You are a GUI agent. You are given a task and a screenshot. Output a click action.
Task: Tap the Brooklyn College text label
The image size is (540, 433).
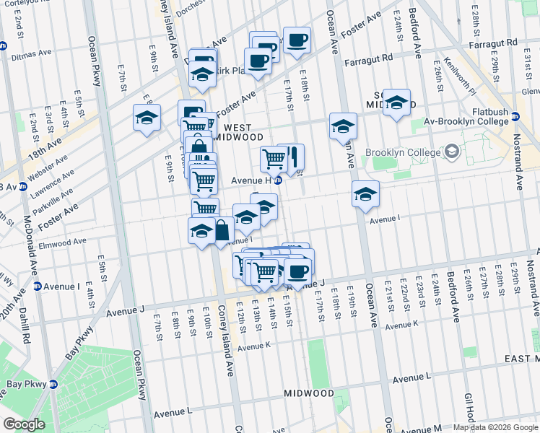pyautogui.click(x=402, y=152)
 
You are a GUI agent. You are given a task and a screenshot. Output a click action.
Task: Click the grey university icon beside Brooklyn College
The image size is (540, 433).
pyautogui.click(x=452, y=152)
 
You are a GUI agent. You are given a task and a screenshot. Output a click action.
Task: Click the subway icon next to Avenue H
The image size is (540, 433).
pyautogui.click(x=277, y=180)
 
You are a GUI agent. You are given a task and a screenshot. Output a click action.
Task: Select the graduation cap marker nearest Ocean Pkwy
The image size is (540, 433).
pyautogui.click(x=147, y=118)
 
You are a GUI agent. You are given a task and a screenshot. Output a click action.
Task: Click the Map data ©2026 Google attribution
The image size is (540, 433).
pyautogui.click(x=495, y=427)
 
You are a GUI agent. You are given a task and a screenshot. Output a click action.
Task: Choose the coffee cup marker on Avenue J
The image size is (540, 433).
pyautogui.click(x=297, y=272)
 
